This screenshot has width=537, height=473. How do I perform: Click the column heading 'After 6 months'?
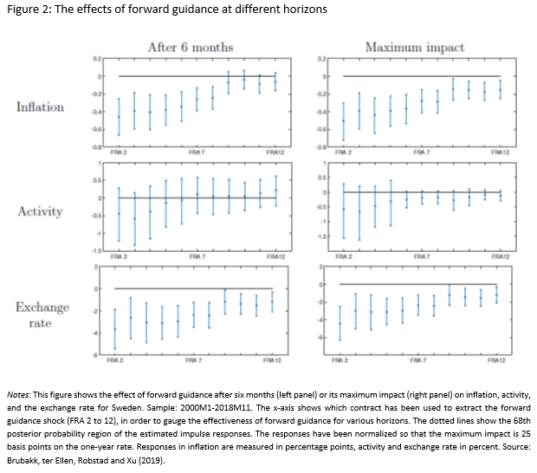coord(196,47)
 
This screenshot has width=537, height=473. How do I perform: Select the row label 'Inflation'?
coord(40,107)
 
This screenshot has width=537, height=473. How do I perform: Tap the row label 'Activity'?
coord(40,211)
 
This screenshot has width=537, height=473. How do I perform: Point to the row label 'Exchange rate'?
coord(32,315)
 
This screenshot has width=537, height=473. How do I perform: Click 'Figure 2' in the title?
coord(30,10)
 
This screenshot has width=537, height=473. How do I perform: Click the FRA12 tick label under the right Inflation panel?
coord(500,153)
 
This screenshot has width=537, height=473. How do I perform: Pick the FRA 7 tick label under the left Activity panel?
coord(197,257)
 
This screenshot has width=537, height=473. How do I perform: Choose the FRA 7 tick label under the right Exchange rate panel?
coord(419,360)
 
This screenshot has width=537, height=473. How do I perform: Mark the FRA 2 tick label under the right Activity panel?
coord(344,257)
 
